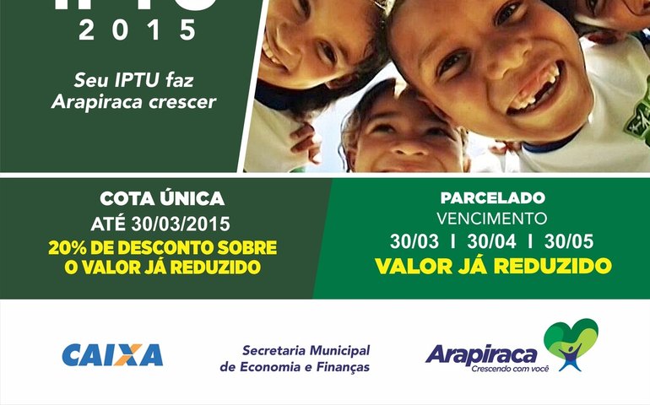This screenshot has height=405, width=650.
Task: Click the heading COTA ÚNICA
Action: point(162,199)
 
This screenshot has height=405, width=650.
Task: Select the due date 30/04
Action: point(492,241)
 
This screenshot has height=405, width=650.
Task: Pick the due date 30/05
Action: point(569,241)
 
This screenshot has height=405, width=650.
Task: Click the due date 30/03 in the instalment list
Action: point(414,241)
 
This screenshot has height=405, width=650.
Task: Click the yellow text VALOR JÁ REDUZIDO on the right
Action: point(493,266)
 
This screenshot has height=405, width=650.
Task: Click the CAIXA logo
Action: point(112,354)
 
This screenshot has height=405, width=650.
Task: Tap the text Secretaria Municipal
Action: point(306,350)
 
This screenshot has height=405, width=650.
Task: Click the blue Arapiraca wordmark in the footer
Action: point(481,353)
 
